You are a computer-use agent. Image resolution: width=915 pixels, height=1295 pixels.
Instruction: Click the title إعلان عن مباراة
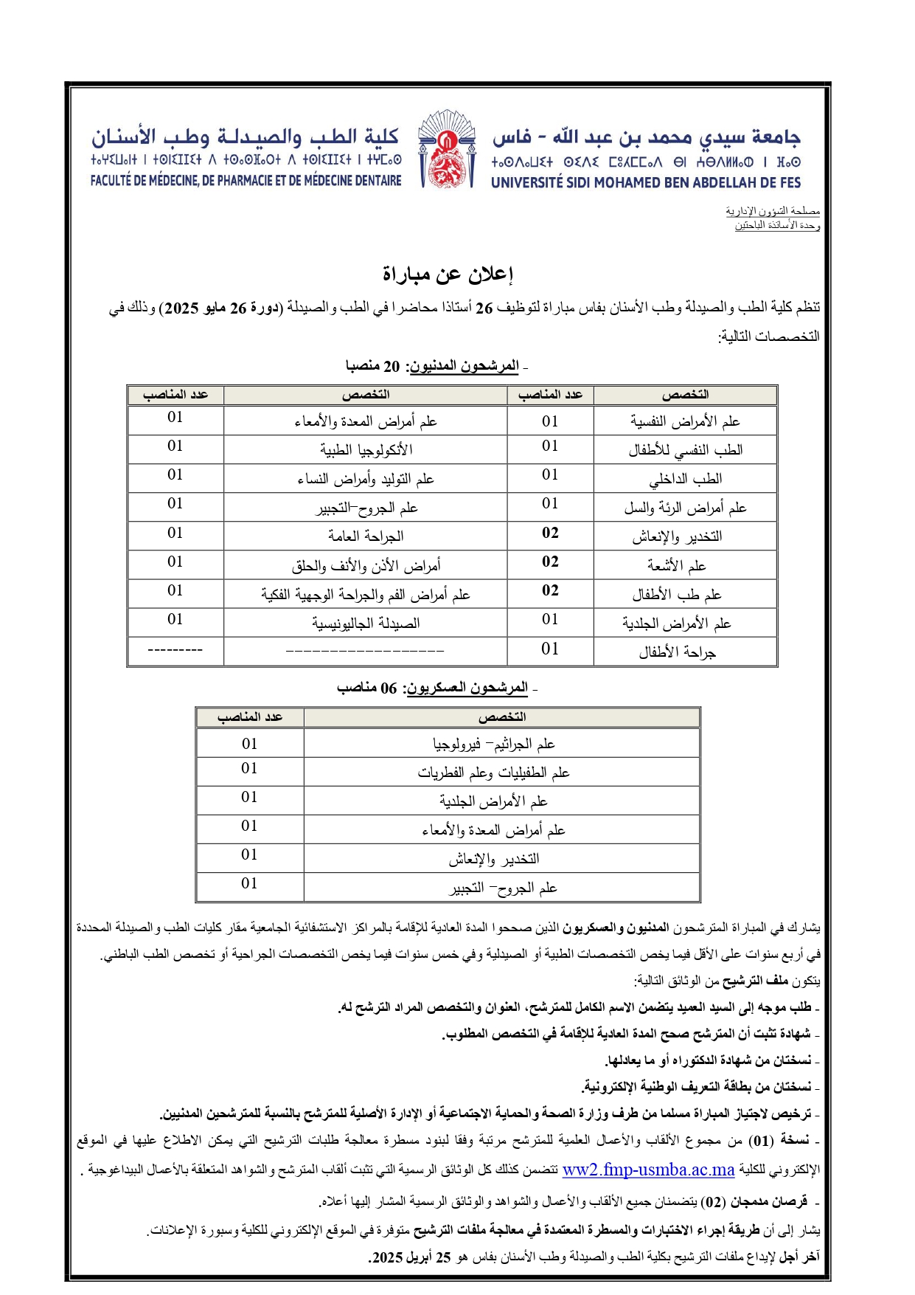(447, 274)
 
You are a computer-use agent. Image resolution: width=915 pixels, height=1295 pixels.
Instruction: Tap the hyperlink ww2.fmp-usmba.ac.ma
(648, 1170)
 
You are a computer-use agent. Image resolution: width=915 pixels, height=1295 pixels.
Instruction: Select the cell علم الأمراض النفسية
(685, 421)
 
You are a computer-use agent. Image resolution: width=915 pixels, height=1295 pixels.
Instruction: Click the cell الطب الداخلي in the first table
(685, 479)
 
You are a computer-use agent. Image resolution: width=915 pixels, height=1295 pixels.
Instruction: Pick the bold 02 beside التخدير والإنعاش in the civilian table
(550, 533)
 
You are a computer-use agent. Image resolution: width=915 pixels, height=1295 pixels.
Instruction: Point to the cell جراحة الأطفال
(678, 652)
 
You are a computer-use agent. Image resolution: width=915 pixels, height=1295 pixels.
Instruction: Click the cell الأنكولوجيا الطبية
(366, 450)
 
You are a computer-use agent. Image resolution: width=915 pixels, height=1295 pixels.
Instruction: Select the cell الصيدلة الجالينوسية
(366, 624)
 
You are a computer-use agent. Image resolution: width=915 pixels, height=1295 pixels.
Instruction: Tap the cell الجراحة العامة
(366, 536)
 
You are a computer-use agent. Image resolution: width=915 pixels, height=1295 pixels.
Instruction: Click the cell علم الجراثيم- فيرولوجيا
(494, 744)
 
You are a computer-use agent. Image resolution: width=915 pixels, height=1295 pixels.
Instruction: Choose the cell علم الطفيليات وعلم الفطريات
(494, 773)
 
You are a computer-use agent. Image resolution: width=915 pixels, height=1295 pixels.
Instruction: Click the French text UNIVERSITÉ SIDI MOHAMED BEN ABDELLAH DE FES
(645, 182)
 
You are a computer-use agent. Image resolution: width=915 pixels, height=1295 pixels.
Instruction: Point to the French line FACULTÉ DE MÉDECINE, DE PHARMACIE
(246, 180)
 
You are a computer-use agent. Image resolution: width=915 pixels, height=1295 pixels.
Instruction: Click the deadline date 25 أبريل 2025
(410, 1257)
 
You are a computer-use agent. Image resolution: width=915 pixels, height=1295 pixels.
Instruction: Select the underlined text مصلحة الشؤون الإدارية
(773, 212)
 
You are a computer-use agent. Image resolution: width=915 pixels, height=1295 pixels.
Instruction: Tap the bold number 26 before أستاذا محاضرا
(484, 308)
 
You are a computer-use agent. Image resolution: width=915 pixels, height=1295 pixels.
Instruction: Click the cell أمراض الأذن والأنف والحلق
(366, 566)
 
